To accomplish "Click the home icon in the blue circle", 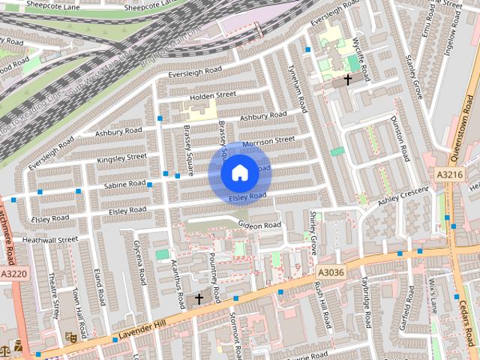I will [x=239, y=173].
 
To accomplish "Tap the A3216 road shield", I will [x=450, y=175].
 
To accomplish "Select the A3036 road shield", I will [x=330, y=272].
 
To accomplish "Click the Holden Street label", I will [x=213, y=95].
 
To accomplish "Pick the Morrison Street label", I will [x=268, y=140].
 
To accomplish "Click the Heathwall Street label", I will [x=50, y=240].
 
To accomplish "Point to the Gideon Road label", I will [x=259, y=225].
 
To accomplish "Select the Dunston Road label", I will [x=401, y=139].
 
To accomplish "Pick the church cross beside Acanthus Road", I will [x=199, y=298].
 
